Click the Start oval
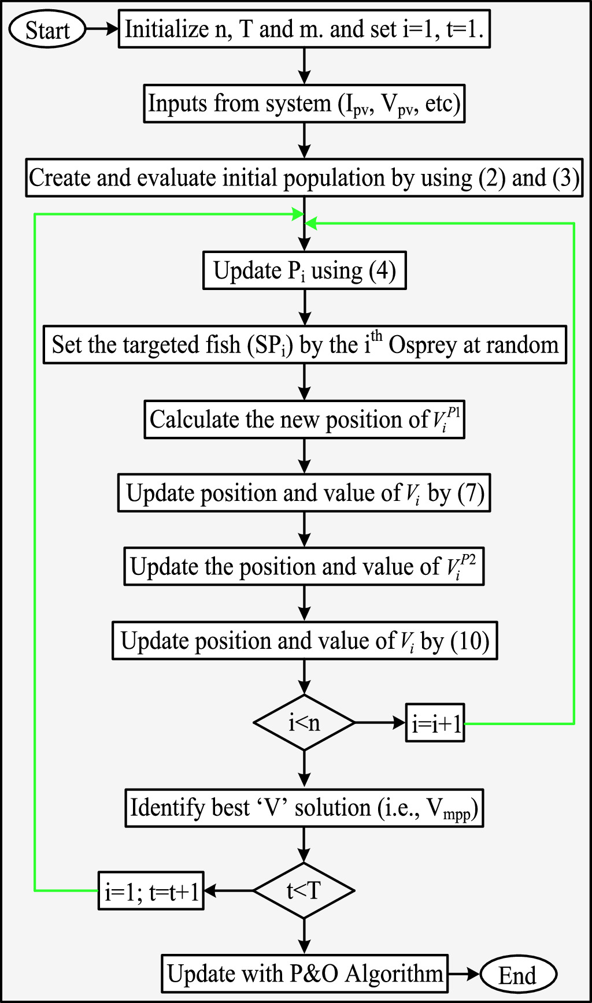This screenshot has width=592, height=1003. [x=47, y=29]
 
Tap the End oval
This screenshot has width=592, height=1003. [x=517, y=975]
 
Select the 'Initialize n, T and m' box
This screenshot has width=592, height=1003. [x=304, y=29]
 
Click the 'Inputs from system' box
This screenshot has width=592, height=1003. [x=304, y=104]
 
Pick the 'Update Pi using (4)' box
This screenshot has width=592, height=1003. [x=304, y=270]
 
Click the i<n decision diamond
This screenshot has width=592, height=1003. [x=304, y=723]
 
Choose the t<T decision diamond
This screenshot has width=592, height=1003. [x=304, y=890]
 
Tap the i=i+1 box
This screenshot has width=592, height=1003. [x=435, y=723]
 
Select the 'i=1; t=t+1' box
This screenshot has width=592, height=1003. [x=151, y=891]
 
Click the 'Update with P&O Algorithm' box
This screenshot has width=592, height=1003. [x=304, y=974]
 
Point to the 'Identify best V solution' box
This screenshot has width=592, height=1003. [x=304, y=808]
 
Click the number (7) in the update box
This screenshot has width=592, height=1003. [x=471, y=493]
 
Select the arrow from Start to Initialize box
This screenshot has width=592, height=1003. [x=102, y=29]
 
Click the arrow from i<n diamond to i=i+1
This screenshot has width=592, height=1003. [x=380, y=723]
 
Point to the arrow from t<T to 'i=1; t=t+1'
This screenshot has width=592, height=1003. [x=229, y=891]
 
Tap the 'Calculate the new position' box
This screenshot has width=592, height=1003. [x=304, y=419]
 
